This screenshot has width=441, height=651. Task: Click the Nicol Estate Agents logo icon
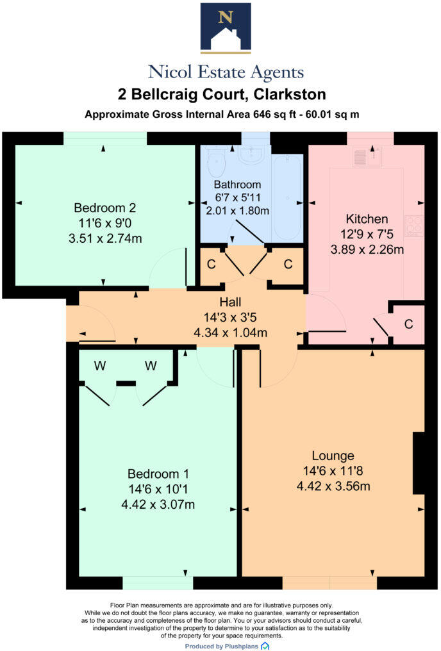[x=225, y=27]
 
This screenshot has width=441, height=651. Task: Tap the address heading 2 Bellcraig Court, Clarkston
[x=222, y=95]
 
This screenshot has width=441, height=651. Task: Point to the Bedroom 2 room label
[x=105, y=208]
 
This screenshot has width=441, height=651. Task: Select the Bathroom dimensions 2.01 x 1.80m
[x=237, y=210]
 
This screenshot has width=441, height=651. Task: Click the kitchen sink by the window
[x=367, y=156]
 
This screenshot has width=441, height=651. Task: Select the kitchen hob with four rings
[x=415, y=225]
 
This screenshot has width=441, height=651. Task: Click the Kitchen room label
[x=367, y=218]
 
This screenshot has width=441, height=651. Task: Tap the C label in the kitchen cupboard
[x=408, y=324]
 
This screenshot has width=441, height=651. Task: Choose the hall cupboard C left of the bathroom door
[x=212, y=263]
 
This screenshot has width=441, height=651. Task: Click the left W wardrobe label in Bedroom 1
[x=100, y=366]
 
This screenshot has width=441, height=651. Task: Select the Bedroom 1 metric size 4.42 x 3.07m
[x=158, y=504]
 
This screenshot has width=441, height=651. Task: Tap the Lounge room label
[x=333, y=456]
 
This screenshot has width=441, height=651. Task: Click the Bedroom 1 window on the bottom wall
[x=157, y=582]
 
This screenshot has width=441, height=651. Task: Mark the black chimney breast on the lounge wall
[x=419, y=463]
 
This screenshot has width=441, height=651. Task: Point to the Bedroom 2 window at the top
[x=104, y=138]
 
